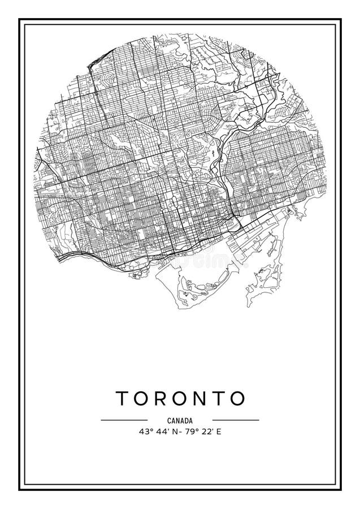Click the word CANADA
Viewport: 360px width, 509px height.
180,420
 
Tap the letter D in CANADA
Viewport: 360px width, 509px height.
187,420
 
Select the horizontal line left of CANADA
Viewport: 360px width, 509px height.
124,420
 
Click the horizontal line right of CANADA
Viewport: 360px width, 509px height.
236,420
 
